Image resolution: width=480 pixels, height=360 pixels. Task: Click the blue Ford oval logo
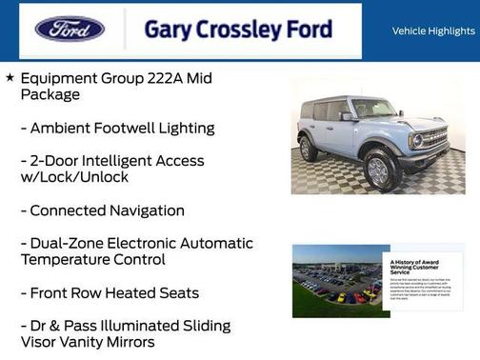pyautogui.click(x=70, y=30)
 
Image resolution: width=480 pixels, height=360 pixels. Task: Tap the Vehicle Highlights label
pyautogui.click(x=433, y=30)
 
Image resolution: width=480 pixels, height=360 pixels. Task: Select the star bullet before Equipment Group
pyautogui.click(x=10, y=77)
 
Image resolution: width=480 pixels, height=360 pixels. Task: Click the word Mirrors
pyautogui.click(x=124, y=342)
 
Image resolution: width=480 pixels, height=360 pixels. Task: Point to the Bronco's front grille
pyautogui.click(x=433, y=140)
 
